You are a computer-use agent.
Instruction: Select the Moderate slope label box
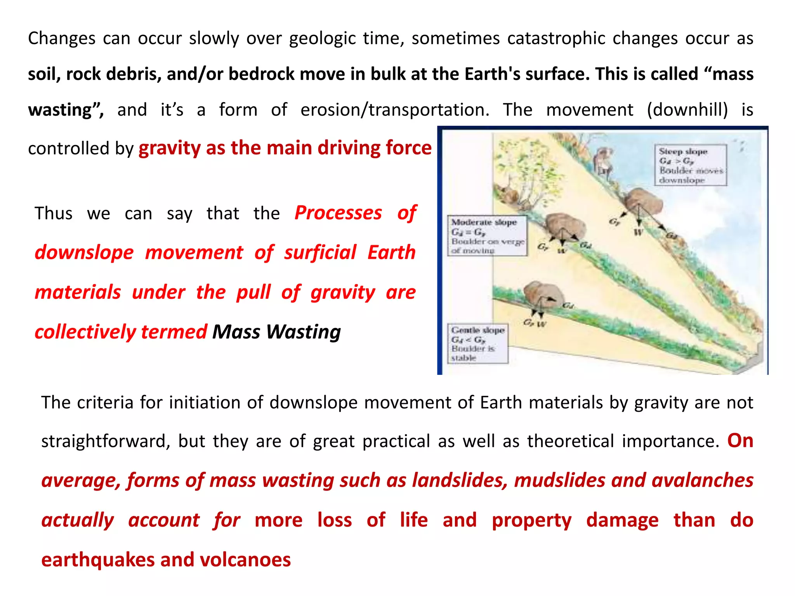coord(487,236)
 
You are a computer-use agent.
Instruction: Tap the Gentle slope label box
coord(477,344)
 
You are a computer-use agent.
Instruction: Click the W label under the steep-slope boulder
coord(638,232)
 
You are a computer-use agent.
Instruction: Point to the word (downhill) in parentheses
coord(687,110)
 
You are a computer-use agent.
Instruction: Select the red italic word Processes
coord(338,213)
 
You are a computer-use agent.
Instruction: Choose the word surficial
coord(320,253)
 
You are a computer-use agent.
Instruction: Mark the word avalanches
coord(702,480)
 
